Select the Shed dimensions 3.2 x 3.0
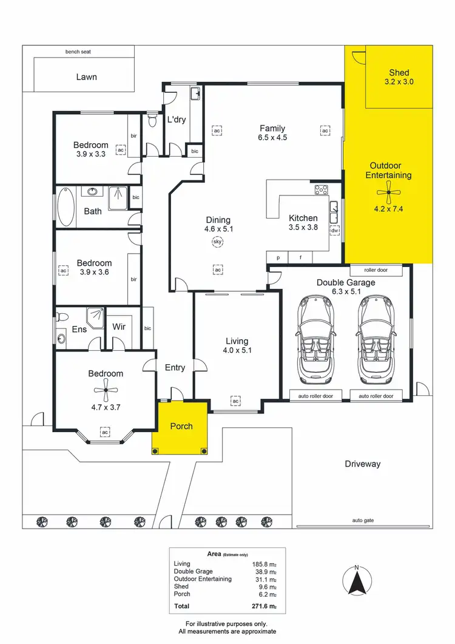click(x=399, y=81)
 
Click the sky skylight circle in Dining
click(x=217, y=242)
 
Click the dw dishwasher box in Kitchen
click(x=334, y=231)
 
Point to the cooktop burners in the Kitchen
click(x=321, y=190)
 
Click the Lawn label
click(x=86, y=77)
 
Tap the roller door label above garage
click(x=376, y=270)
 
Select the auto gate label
click(x=362, y=521)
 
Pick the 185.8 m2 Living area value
click(x=265, y=564)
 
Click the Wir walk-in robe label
click(x=119, y=327)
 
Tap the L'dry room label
click(x=176, y=120)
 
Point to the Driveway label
click(x=363, y=464)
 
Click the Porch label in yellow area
click(x=181, y=426)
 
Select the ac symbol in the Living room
click(x=235, y=401)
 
